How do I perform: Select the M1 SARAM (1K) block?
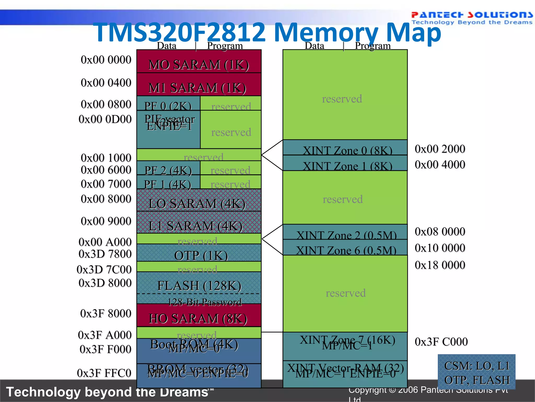199,85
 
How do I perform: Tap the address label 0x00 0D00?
105,119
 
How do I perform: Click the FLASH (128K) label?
199,285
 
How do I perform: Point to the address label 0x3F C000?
441,342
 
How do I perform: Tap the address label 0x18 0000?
440,265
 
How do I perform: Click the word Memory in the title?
326,32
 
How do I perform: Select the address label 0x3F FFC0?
104,373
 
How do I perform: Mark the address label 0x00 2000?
440,149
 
